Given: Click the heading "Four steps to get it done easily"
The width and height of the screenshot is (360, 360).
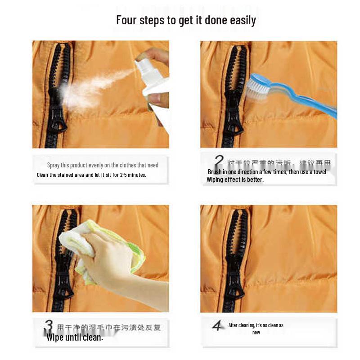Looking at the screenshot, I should tap(186, 20).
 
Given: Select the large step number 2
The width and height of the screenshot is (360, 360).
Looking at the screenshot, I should tap(219, 162).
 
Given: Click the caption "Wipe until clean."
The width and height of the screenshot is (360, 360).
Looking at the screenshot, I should tap(75, 337).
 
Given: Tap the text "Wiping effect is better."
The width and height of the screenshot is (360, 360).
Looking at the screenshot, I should tap(235, 180).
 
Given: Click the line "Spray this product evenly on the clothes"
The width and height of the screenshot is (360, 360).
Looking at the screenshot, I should tap(103, 165).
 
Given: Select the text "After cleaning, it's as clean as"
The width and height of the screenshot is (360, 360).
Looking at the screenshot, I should tap(256, 325).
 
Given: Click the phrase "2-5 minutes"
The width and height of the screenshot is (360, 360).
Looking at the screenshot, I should tap(133, 175).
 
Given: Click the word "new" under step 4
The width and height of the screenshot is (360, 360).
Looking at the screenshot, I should tap(256, 333).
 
